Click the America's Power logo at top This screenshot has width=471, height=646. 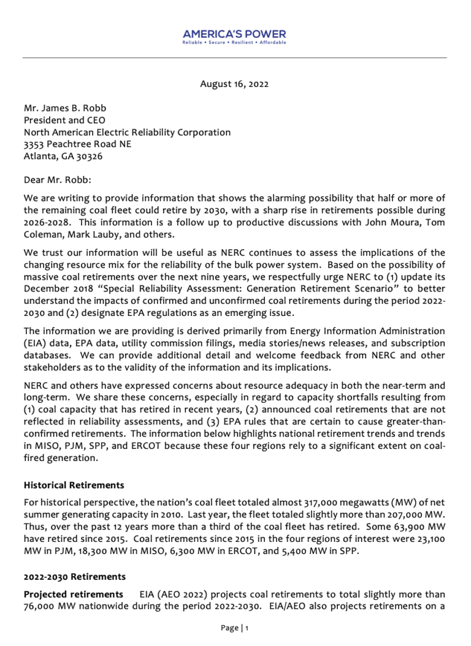pos(235,34)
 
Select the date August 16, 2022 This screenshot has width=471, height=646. pos(234,83)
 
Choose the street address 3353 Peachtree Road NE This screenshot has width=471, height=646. pos(77,144)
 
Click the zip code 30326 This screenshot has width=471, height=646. pos(90,156)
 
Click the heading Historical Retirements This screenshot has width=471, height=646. pos(74,485)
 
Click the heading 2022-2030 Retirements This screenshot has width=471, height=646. pos(75,577)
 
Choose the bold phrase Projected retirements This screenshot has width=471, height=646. pos(73,595)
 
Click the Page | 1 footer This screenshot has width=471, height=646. pos(235,628)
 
